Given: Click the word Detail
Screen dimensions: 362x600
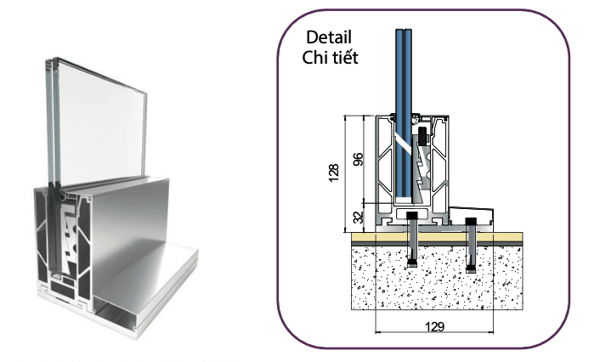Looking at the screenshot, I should pyautogui.click(x=328, y=38).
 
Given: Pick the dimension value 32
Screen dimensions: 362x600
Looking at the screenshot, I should pyautogui.click(x=358, y=217).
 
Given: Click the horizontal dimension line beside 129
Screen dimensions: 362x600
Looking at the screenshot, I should pyautogui.click(x=399, y=332).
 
